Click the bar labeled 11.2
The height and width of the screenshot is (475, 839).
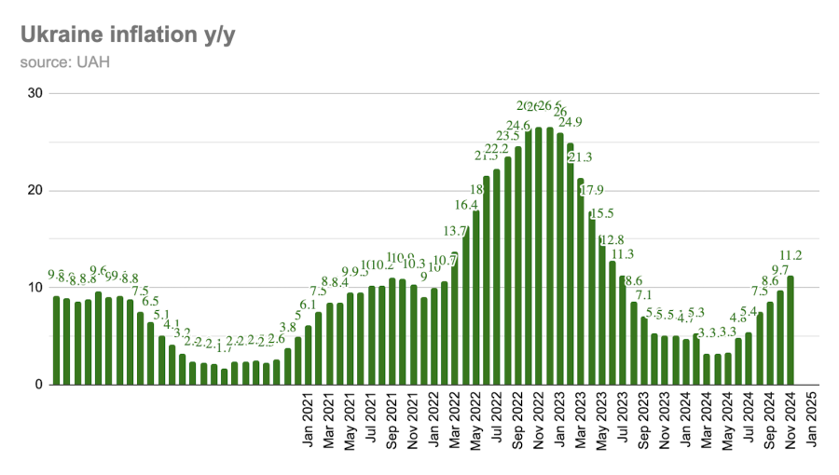[791, 330]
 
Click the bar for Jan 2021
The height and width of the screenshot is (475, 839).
[309, 355]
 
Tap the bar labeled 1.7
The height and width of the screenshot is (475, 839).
[224, 376]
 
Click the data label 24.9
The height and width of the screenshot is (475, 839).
[570, 122]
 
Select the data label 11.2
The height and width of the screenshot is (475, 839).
[791, 255]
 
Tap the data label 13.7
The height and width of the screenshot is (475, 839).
[456, 231]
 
